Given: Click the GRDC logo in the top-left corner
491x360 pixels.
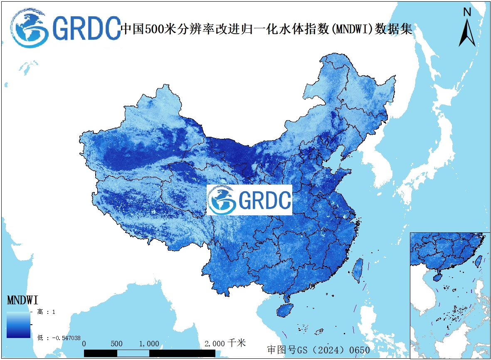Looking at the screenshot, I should [x=64, y=28].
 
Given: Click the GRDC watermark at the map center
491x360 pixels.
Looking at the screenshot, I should [x=249, y=200].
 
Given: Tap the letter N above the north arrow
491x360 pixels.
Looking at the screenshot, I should [x=467, y=12].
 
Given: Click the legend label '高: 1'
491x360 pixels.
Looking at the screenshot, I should [x=46, y=312].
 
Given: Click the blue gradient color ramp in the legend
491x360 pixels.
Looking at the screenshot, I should [x=18, y=325].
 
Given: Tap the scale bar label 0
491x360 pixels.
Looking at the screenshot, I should [x=84, y=344].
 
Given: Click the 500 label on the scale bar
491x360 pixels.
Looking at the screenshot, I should [x=117, y=344].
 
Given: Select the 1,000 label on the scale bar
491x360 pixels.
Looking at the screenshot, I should [x=149, y=344].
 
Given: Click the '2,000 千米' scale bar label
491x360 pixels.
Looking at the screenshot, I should [x=225, y=343].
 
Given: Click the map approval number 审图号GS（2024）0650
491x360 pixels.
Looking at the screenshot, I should [x=318, y=350].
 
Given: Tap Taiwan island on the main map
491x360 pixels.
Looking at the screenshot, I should [x=357, y=270].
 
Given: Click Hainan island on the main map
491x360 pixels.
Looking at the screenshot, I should [x=285, y=310].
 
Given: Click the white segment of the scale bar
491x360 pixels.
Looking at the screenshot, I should [x=133, y=353].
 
